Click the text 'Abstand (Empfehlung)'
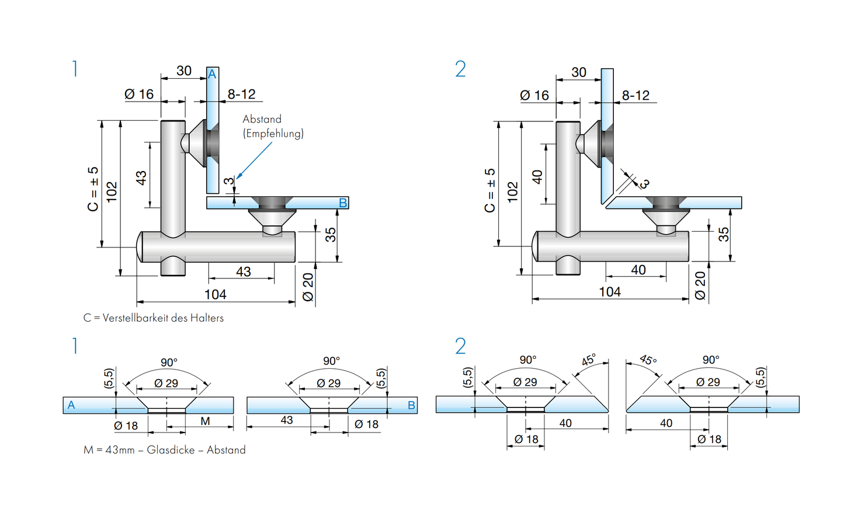(273, 126)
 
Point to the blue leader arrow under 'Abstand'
(255, 160)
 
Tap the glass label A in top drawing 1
(213, 74)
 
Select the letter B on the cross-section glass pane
(411, 405)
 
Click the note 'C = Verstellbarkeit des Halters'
(154, 318)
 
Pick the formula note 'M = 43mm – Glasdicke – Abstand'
(164, 450)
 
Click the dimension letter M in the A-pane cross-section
(205, 421)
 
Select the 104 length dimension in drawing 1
(215, 294)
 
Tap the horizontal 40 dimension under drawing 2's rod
(638, 270)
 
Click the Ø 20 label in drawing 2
(700, 286)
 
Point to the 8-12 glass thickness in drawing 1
(241, 94)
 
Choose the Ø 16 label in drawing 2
(534, 95)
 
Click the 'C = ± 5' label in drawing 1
(93, 189)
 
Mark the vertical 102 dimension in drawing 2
(513, 192)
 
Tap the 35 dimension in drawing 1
(331, 235)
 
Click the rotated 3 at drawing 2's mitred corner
(644, 184)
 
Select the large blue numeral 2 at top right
(460, 69)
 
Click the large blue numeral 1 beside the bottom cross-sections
(75, 346)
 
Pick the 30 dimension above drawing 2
(578, 72)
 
